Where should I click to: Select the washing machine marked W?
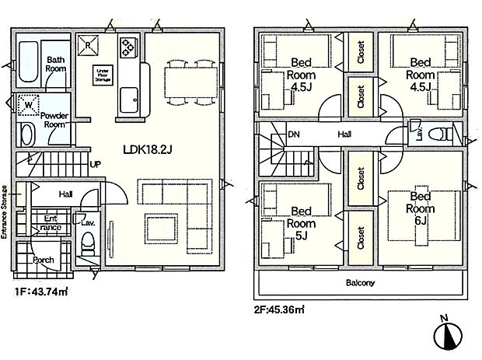pos(28,104)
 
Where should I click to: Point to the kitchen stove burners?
pos(127,48)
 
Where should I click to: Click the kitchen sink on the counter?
pos(129,100)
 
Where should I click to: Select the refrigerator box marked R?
pos(91,44)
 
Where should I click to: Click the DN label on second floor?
pos(294,135)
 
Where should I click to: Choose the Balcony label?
pos(360,283)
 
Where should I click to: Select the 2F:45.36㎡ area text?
pos(278,309)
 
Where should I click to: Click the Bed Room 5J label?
pos(300,220)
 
